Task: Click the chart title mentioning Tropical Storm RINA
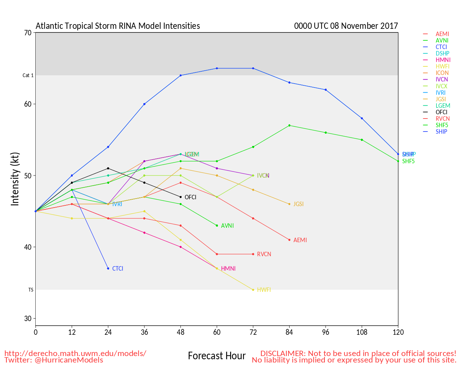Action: click(118, 26)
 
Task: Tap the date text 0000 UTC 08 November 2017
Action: click(346, 26)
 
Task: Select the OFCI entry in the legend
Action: click(442, 112)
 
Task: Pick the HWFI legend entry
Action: click(442, 66)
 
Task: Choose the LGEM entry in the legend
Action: click(443, 106)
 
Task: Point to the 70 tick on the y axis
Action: click(28, 33)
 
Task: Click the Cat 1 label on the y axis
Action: click(28, 76)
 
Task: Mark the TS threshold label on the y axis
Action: click(31, 290)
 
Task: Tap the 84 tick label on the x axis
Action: click(289, 332)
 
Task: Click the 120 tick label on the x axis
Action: click(398, 332)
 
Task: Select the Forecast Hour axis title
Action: click(217, 356)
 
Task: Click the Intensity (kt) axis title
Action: click(15, 179)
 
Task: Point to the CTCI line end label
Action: click(118, 269)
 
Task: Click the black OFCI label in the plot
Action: click(191, 197)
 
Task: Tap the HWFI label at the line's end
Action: click(264, 290)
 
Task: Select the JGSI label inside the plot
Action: click(299, 204)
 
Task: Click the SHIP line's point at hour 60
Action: click(217, 68)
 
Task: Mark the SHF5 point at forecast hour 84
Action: click(289, 125)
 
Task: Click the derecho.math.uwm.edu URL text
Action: click(75, 354)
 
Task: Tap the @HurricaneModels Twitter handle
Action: click(69, 360)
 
